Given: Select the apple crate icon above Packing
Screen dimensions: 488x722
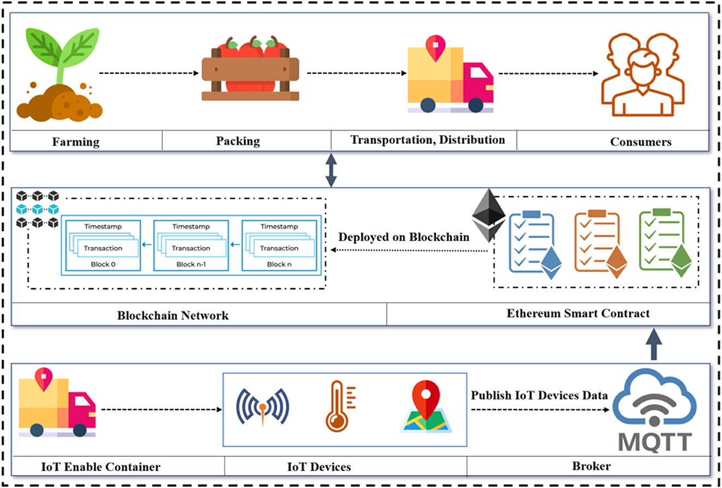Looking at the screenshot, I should pos(250,71).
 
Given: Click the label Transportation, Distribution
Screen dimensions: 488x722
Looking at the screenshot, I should pos(427,139).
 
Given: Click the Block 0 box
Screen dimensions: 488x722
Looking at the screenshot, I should pos(102,245).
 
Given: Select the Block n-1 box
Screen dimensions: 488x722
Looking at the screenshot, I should pos(190,245).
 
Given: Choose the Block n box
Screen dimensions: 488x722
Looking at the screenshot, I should pos(278,245).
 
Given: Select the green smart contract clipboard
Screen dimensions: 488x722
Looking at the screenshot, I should pos(664,241).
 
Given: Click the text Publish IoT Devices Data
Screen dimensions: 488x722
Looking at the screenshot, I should pos(539,395).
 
